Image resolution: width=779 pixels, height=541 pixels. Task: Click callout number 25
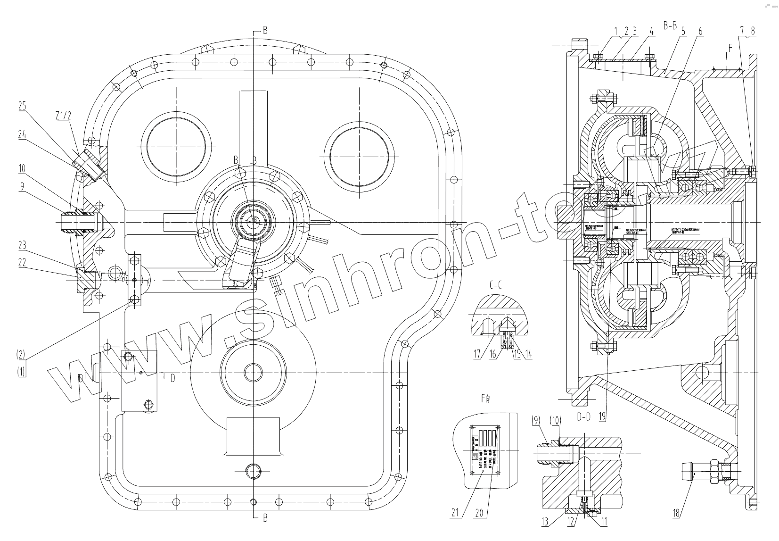click(x=22, y=106)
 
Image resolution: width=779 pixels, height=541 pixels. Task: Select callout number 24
click(x=22, y=135)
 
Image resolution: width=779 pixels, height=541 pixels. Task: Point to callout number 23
click(x=22, y=245)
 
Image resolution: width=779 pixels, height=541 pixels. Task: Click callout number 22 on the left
click(x=22, y=263)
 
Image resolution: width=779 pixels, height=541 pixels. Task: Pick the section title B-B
click(x=670, y=26)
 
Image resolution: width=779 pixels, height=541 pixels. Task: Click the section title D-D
click(x=583, y=416)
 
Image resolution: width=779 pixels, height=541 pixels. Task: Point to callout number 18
click(x=676, y=513)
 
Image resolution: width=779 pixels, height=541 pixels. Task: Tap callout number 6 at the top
click(x=700, y=32)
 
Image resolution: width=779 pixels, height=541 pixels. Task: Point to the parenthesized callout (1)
click(x=21, y=371)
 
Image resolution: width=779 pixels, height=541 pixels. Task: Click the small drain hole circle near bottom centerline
click(x=253, y=470)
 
